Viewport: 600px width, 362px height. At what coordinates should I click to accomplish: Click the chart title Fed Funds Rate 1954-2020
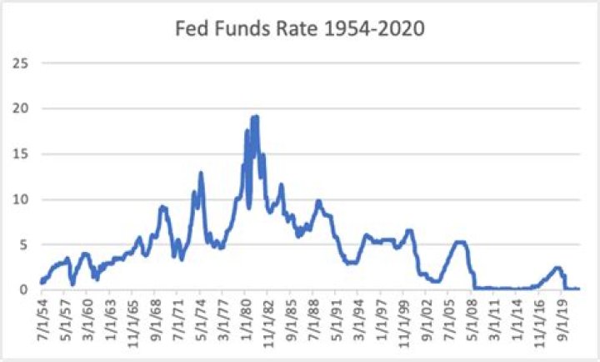click(x=300, y=28)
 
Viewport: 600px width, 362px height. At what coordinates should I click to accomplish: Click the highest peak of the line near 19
click(x=255, y=117)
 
